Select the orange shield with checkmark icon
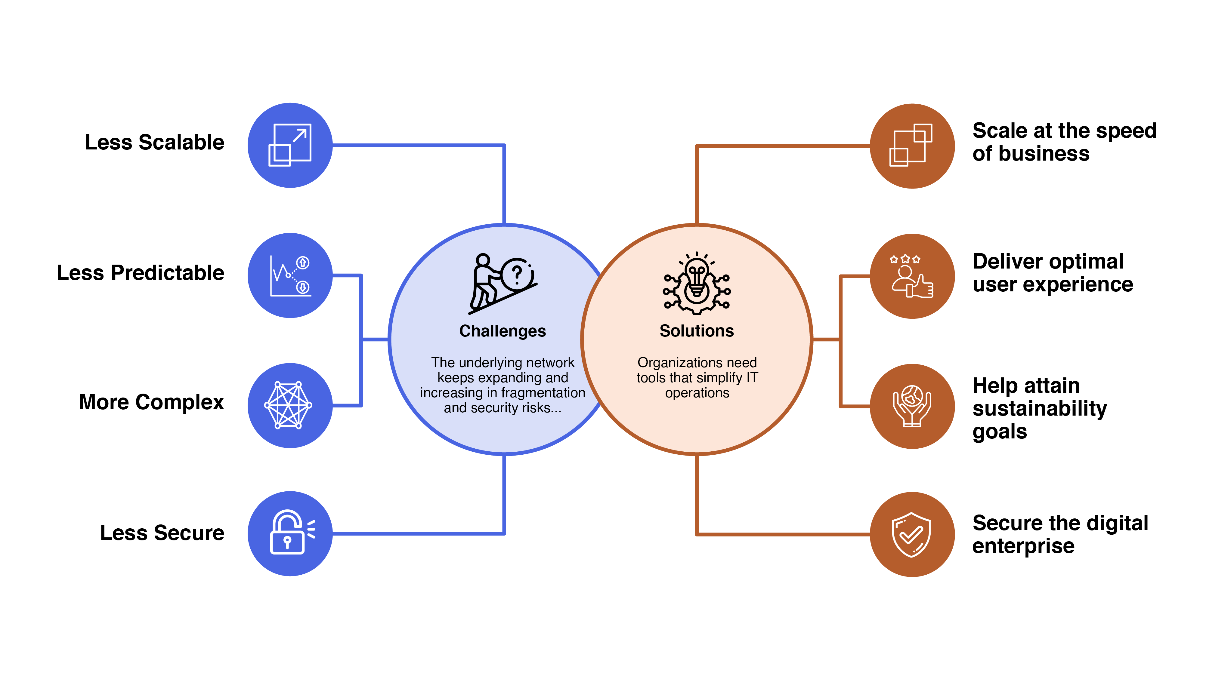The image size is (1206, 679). (911, 534)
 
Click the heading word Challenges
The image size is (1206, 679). (502, 331)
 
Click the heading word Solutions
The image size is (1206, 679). (697, 331)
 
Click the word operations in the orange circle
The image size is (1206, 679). (697, 393)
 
